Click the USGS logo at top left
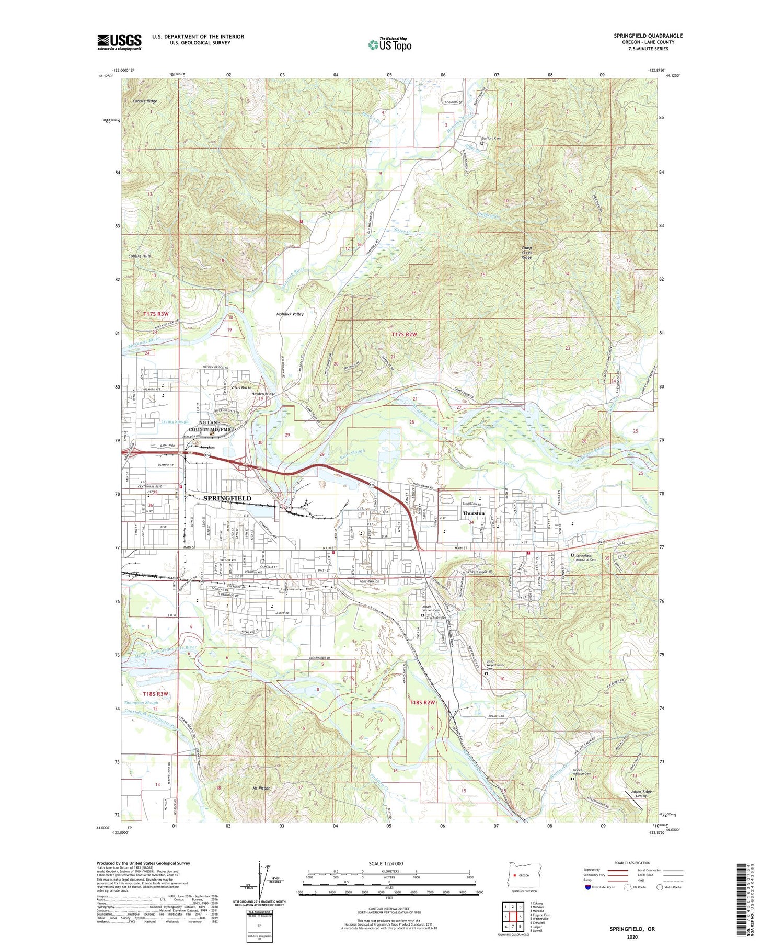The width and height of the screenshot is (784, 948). [119, 42]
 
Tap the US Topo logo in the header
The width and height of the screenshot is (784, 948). [389, 44]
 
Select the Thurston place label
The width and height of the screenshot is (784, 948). [474, 513]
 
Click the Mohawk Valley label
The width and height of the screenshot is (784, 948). [290, 314]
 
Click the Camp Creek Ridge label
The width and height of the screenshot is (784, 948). [526, 254]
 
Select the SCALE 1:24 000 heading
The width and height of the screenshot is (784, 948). [389, 863]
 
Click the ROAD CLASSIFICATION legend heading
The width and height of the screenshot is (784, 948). [632, 863]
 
